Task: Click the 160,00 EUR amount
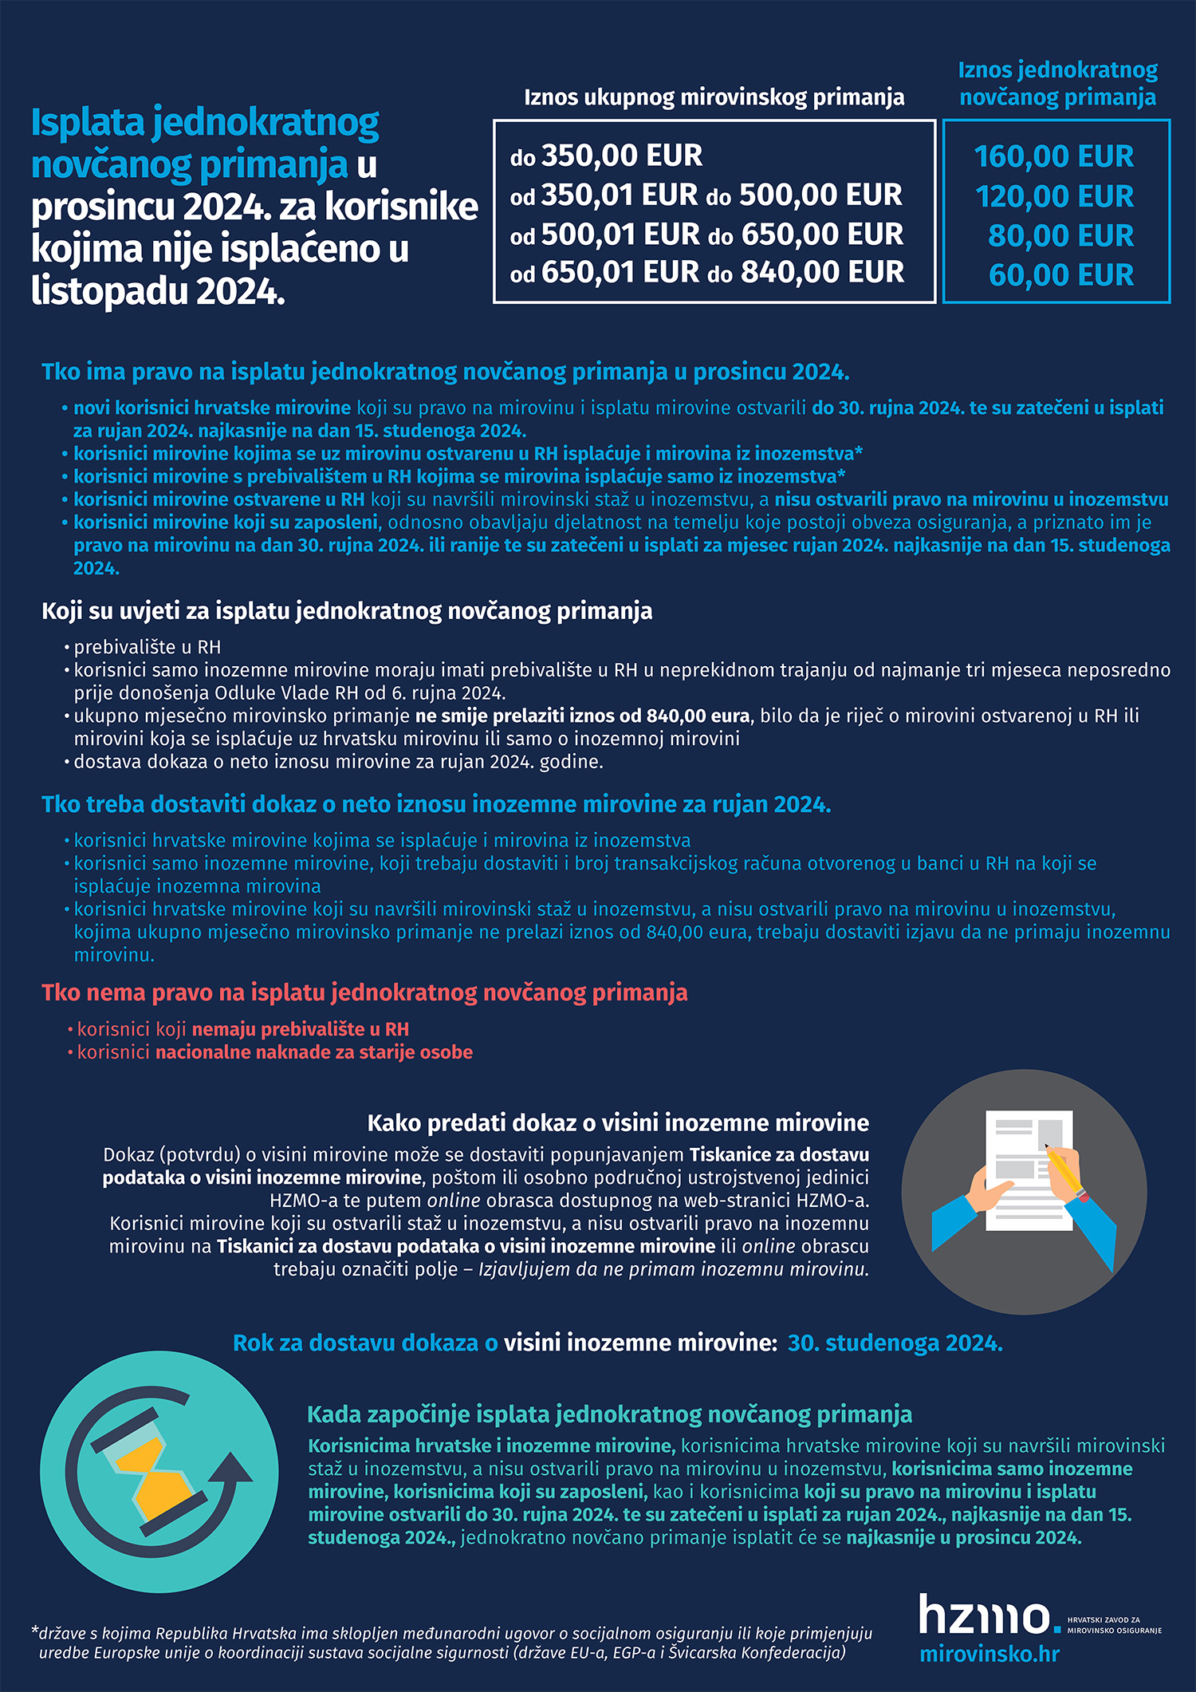pos(1053,156)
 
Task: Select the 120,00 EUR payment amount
pos(1054,196)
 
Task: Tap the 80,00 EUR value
pos(1060,236)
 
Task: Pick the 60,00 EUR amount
pos(1060,275)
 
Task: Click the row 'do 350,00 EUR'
pos(606,156)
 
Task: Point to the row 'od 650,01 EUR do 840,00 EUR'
pos(706,273)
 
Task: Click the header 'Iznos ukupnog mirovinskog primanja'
pos(714,97)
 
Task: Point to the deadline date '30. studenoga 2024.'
pos(895,1343)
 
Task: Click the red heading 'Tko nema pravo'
pos(364,992)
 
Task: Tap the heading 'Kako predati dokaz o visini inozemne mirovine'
pos(618,1123)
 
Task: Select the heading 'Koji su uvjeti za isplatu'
pos(347,611)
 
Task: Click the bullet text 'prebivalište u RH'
pos(148,647)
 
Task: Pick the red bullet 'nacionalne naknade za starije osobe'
pos(314,1052)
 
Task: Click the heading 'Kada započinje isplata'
pos(609,1414)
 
